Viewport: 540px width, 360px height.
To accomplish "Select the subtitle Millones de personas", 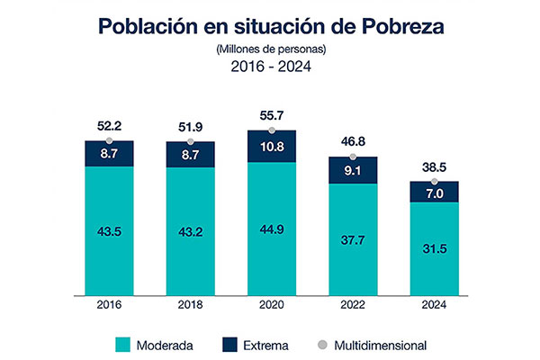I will (x=270, y=49).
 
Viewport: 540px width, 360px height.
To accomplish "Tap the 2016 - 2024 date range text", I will (x=270, y=67).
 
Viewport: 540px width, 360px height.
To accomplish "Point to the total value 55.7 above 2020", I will (x=272, y=114).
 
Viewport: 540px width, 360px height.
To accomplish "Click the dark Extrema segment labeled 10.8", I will (x=272, y=147).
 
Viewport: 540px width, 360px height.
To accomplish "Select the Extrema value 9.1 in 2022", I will (x=353, y=171).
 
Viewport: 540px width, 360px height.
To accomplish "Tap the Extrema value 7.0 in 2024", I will (x=435, y=193).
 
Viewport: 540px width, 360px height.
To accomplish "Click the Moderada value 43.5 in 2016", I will (x=109, y=231).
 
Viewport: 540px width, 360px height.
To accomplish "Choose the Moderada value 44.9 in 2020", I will (x=272, y=229).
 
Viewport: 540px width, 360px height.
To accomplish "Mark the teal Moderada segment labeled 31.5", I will (x=435, y=249).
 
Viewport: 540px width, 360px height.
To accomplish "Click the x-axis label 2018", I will (x=190, y=306).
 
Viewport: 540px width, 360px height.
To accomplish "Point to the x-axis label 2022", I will (x=353, y=306).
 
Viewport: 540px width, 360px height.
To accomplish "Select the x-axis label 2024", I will (x=435, y=306).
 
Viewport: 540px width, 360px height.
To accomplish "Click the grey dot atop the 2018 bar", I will (x=190, y=141).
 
